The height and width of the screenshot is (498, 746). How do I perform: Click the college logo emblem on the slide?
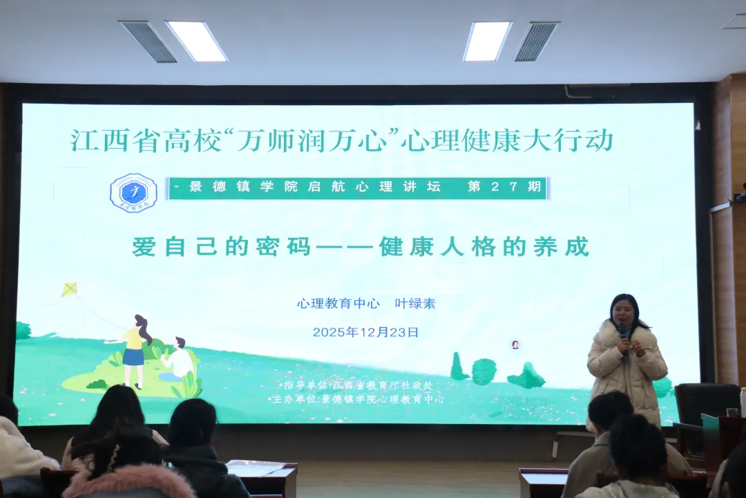[133, 192]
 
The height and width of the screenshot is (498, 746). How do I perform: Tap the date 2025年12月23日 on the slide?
[365, 332]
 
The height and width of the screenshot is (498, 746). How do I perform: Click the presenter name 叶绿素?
[415, 304]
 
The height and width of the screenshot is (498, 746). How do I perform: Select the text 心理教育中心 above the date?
[338, 304]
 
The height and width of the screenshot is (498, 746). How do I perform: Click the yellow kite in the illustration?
[70, 289]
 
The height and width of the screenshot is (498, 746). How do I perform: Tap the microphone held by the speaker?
[623, 333]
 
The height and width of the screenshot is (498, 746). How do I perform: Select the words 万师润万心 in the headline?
[310, 141]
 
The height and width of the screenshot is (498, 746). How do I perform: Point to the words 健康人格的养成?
[484, 247]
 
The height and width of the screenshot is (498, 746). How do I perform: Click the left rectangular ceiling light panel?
[196, 41]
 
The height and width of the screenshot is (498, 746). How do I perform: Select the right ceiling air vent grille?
[535, 42]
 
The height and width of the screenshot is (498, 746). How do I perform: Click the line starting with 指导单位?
[357, 385]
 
